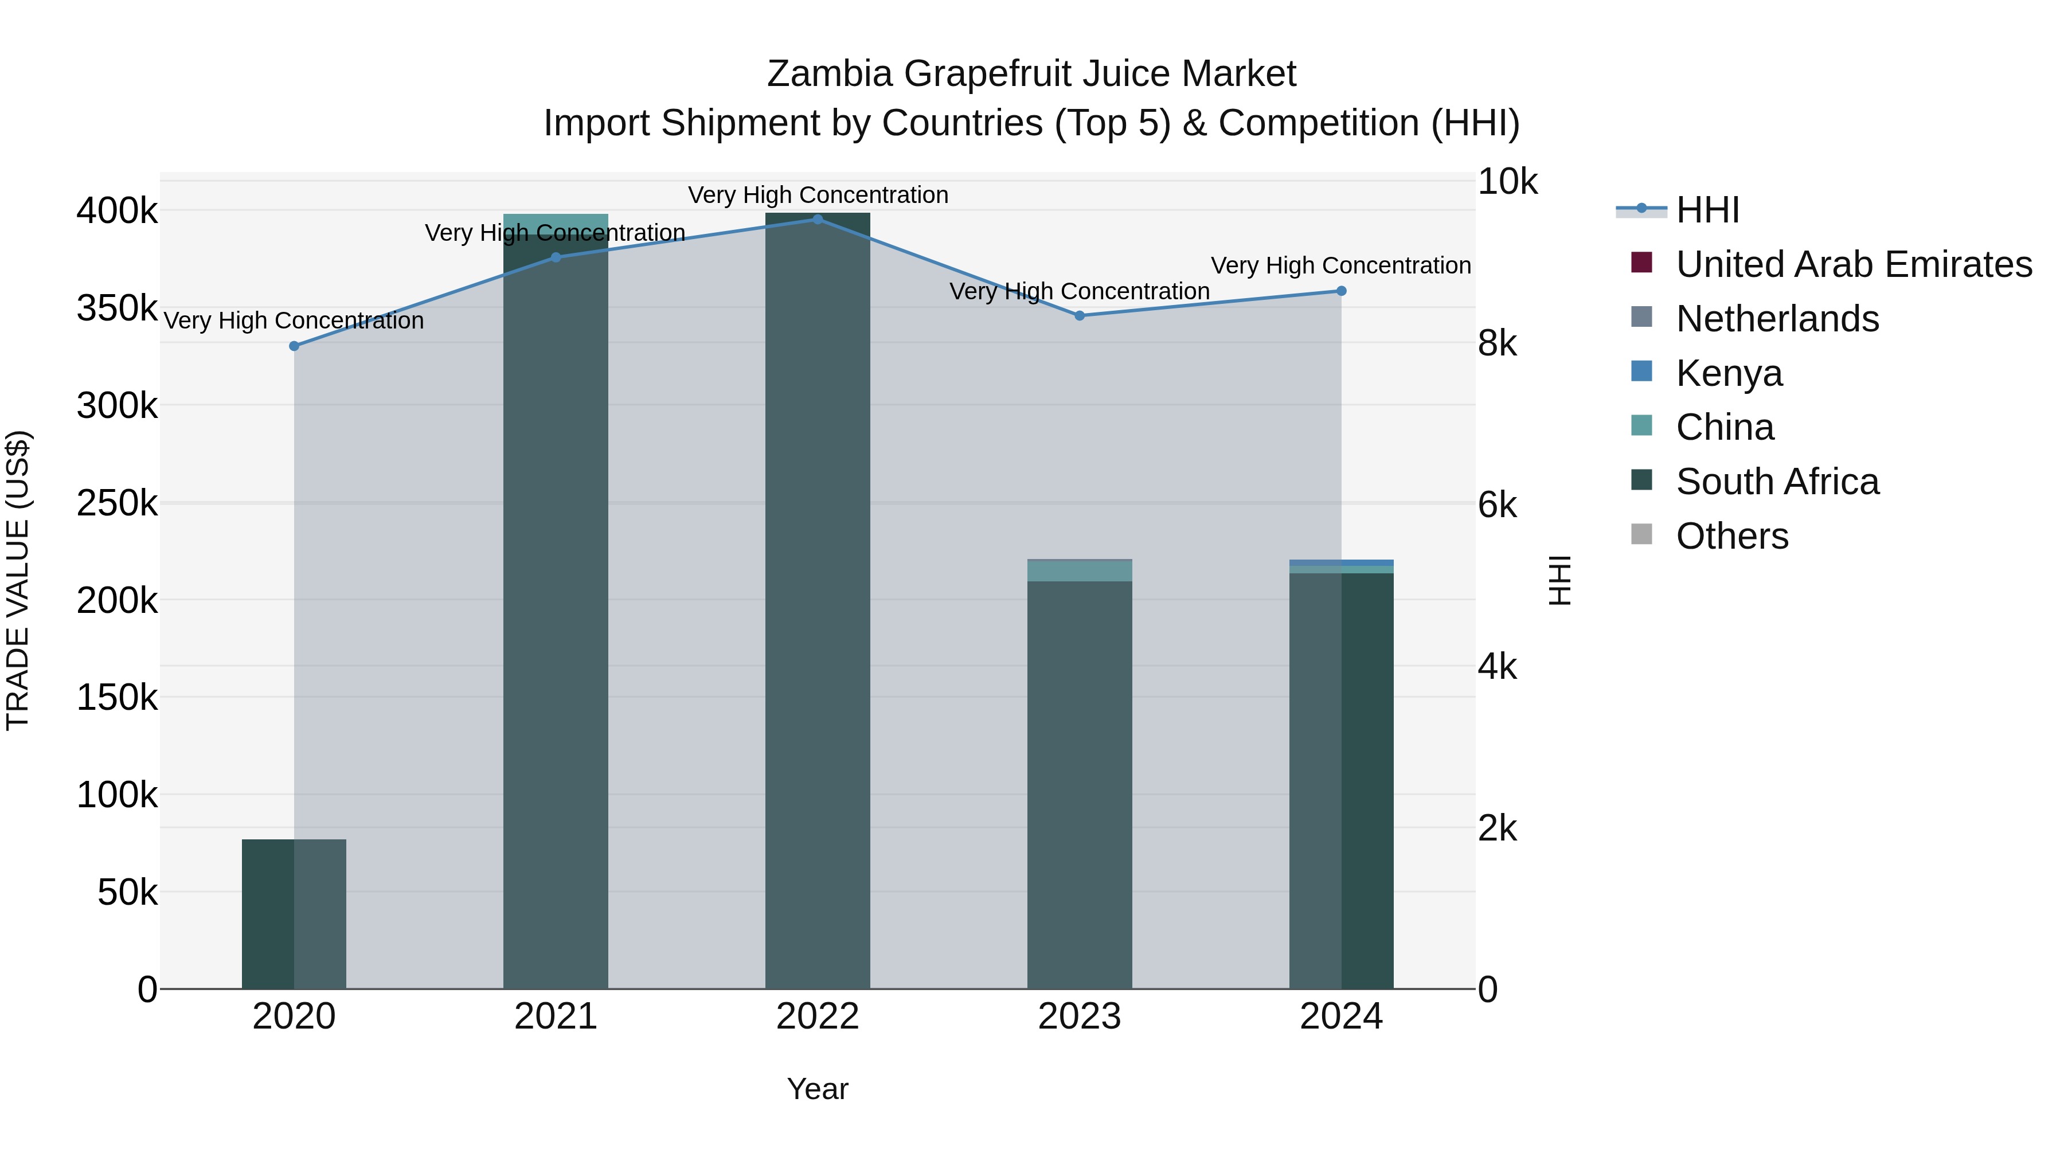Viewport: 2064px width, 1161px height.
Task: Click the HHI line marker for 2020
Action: pos(294,346)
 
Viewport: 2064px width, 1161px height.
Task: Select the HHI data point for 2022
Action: pos(817,220)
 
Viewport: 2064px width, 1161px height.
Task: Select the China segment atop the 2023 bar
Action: pos(1079,570)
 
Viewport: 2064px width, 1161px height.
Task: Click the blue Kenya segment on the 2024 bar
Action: pos(1341,562)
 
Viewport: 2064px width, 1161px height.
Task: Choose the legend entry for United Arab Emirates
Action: pos(1853,264)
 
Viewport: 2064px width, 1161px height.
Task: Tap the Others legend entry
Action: pos(1731,536)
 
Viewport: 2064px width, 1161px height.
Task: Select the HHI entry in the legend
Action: pos(1707,210)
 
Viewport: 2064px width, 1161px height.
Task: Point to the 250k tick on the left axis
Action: pos(117,503)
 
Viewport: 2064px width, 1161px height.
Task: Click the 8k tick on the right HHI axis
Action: pos(1497,344)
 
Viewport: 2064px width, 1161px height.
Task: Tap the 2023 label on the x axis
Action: pos(1079,1017)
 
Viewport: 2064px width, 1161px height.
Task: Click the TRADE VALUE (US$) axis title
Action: pos(18,580)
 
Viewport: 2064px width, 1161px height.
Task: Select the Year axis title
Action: pos(817,1089)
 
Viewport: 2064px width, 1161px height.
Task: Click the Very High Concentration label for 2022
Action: pos(817,195)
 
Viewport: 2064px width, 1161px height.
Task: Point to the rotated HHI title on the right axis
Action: pos(1559,580)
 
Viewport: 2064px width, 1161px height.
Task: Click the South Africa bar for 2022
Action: pos(817,601)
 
